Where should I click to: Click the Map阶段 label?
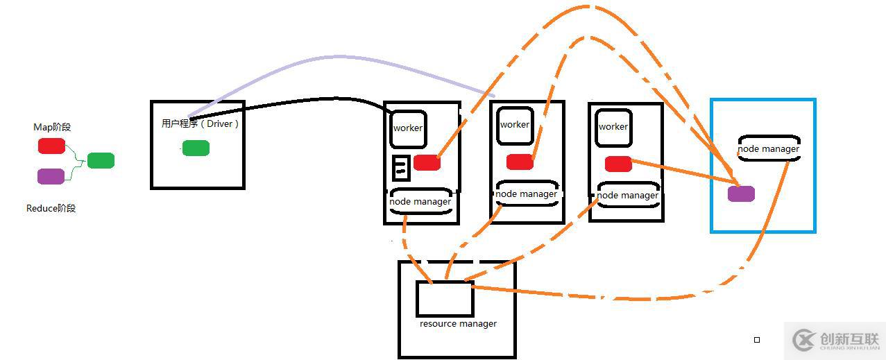(x=52, y=127)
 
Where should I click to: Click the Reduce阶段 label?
(x=51, y=208)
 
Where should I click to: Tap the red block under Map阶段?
(x=51, y=146)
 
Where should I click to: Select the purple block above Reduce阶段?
(x=51, y=176)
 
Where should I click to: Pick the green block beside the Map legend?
(x=101, y=160)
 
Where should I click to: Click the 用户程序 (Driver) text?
(x=200, y=123)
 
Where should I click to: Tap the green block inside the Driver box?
(x=196, y=148)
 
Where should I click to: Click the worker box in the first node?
(x=408, y=128)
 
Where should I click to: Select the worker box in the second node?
(x=515, y=125)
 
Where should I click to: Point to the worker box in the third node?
(x=613, y=127)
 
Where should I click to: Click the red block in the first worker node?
(x=427, y=162)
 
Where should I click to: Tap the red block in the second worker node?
(x=520, y=162)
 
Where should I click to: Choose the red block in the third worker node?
(x=618, y=164)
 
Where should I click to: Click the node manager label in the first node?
(x=420, y=201)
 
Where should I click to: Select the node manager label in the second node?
(x=526, y=194)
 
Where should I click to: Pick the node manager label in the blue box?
(x=769, y=148)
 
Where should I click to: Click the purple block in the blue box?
(x=741, y=194)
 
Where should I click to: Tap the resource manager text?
(x=458, y=323)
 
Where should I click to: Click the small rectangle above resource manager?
(x=445, y=299)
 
